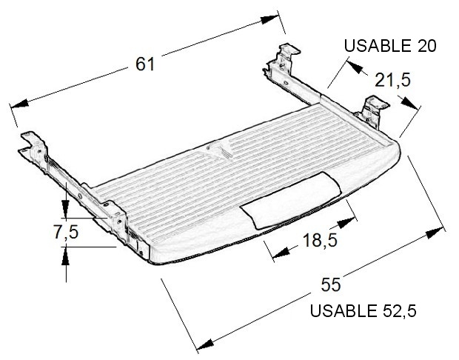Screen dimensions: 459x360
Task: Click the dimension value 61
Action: point(145,64)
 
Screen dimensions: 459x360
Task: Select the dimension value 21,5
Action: point(392,80)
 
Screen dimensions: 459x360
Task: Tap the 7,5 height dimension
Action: point(66,232)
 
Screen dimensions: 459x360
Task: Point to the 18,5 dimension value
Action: point(320,240)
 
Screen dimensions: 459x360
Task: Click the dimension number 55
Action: point(331,284)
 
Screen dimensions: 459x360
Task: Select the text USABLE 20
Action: point(390,46)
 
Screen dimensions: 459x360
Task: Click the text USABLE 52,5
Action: point(363,311)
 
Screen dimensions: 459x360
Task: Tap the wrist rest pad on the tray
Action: point(291,200)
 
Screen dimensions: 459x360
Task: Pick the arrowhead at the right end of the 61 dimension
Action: point(269,19)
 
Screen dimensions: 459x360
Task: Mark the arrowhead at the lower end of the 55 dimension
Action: point(205,344)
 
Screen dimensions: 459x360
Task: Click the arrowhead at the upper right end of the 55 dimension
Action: point(435,233)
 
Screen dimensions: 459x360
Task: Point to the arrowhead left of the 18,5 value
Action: point(281,253)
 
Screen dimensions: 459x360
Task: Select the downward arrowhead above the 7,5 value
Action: point(66,209)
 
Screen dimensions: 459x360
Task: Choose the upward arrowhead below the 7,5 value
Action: point(66,256)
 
